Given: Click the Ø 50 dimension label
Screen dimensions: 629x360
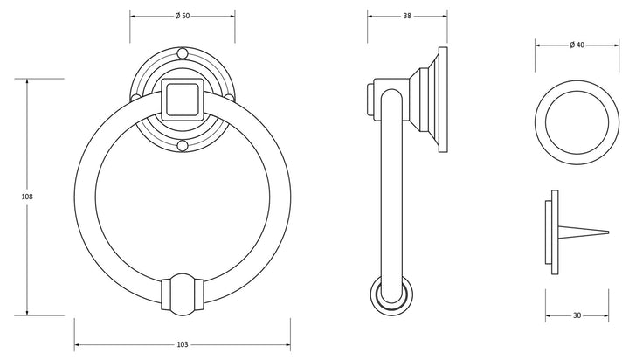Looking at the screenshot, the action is pos(183,16).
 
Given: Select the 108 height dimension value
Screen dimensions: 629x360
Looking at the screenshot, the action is pos(27,197).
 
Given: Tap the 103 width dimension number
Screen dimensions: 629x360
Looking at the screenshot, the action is pos(183,344).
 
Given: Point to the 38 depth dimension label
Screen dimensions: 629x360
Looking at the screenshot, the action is pos(407,16).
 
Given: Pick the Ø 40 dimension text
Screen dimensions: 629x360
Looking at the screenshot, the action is pos(577,45).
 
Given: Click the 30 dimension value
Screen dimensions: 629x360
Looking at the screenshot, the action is pos(577,315).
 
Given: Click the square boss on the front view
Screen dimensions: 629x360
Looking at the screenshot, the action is pos(183,100).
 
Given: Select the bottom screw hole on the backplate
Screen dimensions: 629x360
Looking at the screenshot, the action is pos(183,146).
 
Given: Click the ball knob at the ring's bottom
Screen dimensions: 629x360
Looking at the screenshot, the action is pos(183,295).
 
